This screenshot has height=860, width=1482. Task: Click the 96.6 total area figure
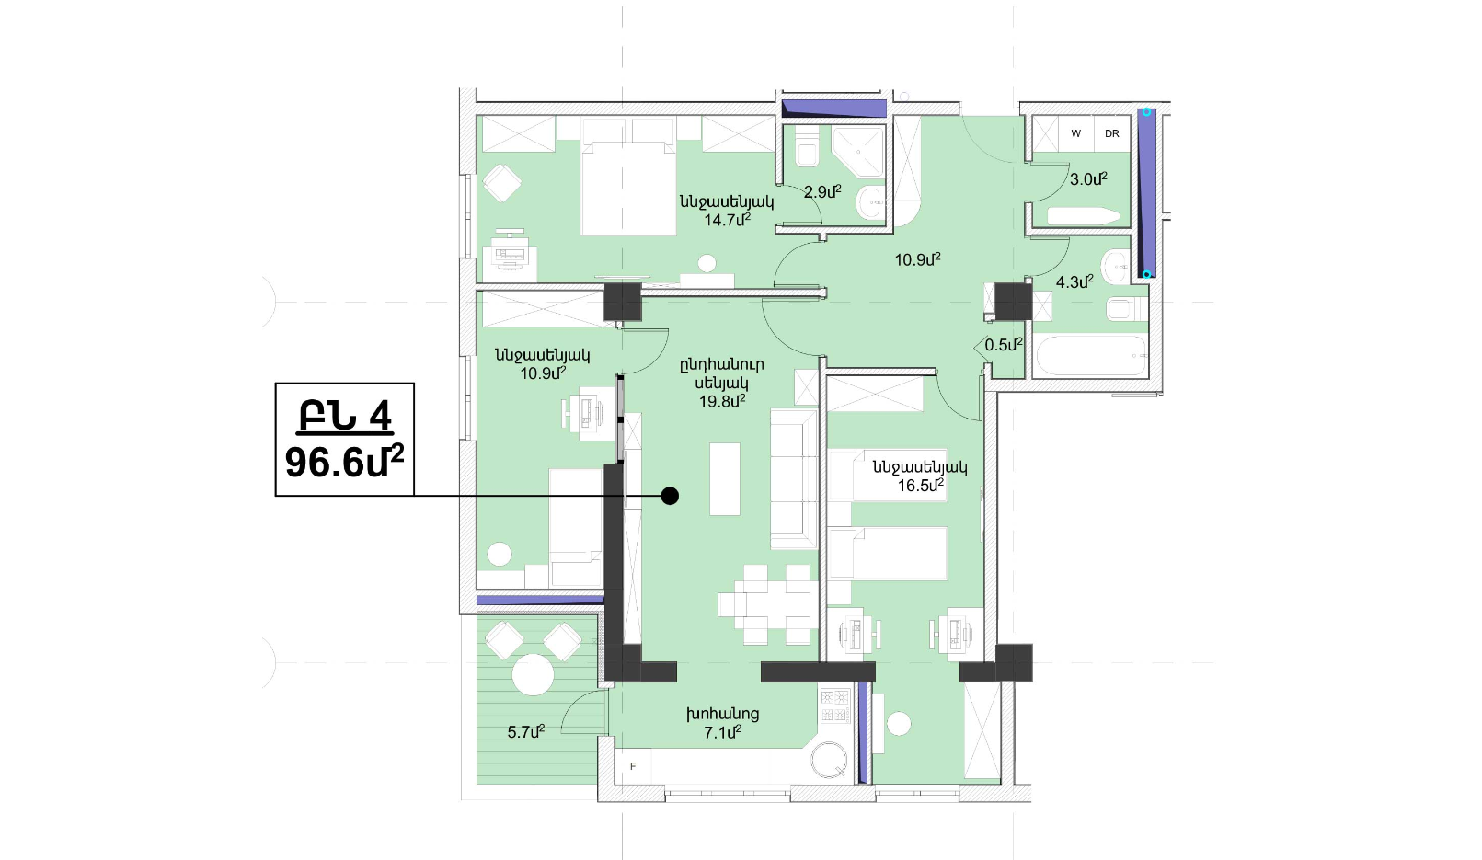pos(344,463)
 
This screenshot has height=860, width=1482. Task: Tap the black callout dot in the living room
pos(670,496)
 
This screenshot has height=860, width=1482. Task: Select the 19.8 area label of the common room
pos(722,401)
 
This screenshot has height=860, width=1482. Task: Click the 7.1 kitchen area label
pos(722,731)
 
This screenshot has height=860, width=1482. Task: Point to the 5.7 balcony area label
pos(526,731)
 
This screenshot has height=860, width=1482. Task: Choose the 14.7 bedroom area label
pos(727,220)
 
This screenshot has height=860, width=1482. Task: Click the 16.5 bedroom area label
pos(920,486)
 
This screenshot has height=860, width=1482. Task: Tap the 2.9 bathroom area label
pos(822,192)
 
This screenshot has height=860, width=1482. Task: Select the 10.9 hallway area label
pos(918,260)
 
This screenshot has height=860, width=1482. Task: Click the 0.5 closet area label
pos(1004,345)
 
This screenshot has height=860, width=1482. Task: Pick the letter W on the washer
pos(1075,133)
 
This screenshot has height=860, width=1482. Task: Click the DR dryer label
pos(1111,133)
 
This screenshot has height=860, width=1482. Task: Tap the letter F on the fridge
pos(633,766)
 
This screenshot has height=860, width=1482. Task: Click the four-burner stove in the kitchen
pos(835,705)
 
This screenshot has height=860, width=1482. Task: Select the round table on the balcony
pos(533,675)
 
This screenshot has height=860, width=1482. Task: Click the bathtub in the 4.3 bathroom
pos(1090,355)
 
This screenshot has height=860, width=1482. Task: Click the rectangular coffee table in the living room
pos(725,479)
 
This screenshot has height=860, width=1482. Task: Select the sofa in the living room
pos(794,479)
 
